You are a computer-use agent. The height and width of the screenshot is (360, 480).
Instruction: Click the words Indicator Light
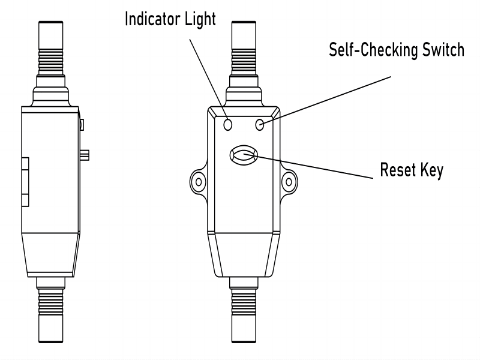point(170,19)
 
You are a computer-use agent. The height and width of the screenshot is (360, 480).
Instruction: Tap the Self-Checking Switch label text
point(396,49)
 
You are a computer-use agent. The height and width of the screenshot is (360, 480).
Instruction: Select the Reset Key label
point(412,170)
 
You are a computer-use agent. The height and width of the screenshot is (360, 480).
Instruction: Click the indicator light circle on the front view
point(228,124)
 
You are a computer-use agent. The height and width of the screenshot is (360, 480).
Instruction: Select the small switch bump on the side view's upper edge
point(81,124)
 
